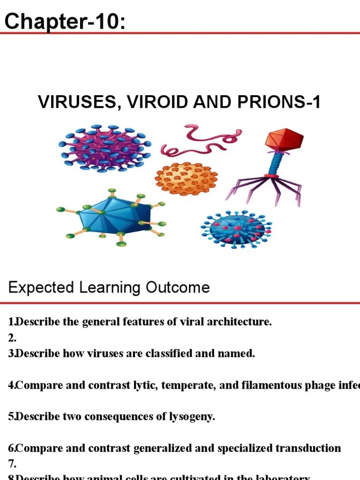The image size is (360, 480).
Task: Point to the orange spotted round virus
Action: tap(186, 179)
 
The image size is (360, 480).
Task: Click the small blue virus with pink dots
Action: tap(237, 229)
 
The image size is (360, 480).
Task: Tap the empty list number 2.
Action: tap(12, 338)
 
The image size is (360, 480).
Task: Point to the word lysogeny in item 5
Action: tap(192, 417)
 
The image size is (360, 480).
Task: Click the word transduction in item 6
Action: tap(308, 448)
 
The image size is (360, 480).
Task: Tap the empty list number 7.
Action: tap(12, 464)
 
